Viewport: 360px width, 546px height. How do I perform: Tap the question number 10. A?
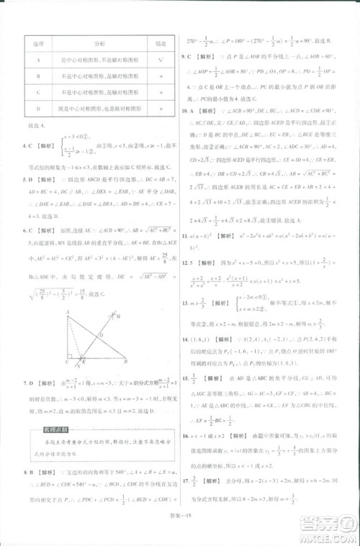pyautogui.click(x=189, y=112)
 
